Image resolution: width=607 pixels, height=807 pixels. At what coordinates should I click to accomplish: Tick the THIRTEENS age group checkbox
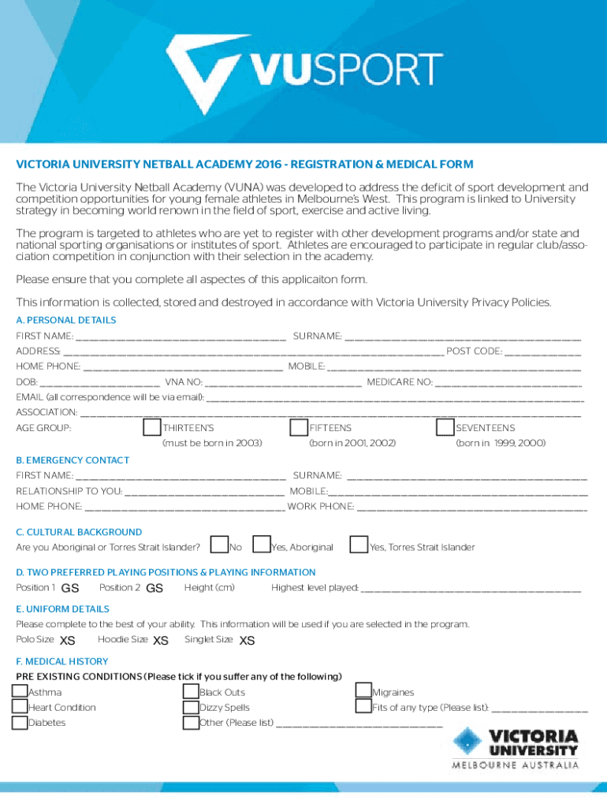[x=152, y=427]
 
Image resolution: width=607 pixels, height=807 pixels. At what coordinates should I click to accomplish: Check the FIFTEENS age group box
[x=299, y=427]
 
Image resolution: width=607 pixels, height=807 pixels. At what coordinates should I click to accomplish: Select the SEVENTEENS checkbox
[x=445, y=427]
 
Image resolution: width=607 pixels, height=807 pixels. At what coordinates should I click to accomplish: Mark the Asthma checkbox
[x=20, y=692]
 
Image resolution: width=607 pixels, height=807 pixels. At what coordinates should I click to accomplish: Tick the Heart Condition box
[x=20, y=707]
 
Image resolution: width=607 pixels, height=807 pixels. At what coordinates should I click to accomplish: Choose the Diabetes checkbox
[x=20, y=722]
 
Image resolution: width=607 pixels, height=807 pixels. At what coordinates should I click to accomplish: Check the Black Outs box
[x=191, y=692]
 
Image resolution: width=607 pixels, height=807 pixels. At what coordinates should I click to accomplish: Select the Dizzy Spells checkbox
[x=191, y=707]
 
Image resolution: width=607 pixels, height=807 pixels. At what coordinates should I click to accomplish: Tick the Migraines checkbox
[x=363, y=691]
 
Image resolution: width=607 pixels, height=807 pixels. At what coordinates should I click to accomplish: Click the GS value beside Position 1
[x=70, y=588]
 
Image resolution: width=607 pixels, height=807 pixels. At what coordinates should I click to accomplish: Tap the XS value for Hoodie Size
[x=161, y=640]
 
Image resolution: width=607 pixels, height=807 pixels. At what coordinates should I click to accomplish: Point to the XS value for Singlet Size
[x=247, y=640]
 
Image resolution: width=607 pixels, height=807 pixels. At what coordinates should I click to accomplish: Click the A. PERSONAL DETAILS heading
[x=66, y=320]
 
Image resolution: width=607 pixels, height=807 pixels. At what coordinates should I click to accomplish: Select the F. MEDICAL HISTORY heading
[x=62, y=661]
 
